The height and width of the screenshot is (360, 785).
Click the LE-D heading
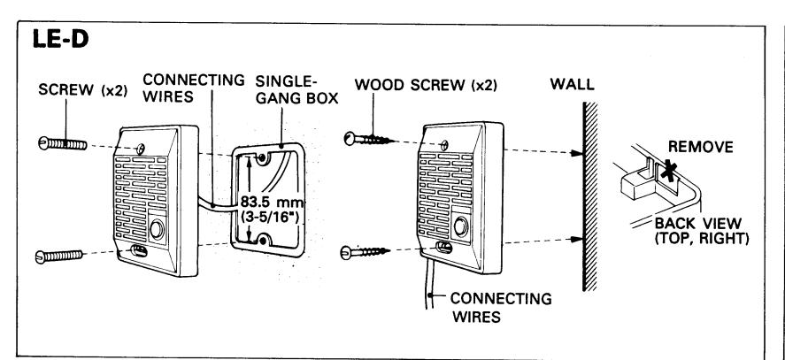click(60, 40)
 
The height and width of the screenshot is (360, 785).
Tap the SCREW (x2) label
click(83, 90)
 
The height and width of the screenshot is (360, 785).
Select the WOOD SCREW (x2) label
click(426, 85)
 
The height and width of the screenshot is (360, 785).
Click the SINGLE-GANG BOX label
click(296, 89)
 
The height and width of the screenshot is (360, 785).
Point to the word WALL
click(573, 84)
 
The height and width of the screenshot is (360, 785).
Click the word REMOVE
click(701, 147)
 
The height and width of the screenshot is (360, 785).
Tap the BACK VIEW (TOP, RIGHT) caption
click(702, 231)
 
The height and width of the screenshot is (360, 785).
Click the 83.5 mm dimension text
click(273, 202)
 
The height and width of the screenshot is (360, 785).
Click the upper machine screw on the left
click(63, 143)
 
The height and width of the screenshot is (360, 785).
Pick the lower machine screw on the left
click(59, 257)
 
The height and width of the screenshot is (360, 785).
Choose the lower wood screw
click(365, 252)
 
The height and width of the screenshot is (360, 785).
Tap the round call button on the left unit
click(158, 231)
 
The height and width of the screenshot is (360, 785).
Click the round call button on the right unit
click(460, 226)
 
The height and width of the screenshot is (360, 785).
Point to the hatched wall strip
click(590, 196)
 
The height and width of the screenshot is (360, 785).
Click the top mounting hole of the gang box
click(261, 158)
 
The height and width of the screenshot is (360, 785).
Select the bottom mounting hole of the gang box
click(261, 240)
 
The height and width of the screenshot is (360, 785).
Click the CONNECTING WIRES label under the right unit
click(501, 308)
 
